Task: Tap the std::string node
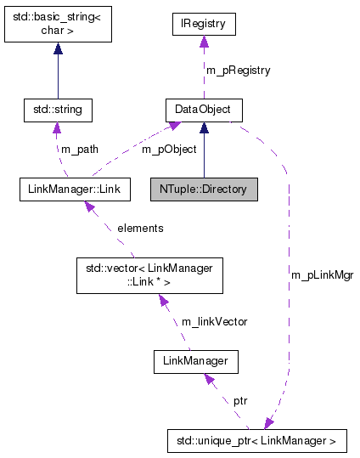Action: coord(57,110)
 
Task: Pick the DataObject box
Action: coord(203,110)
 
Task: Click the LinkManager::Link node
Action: coord(75,188)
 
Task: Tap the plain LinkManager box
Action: coord(195,363)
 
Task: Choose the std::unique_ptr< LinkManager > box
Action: coord(257,440)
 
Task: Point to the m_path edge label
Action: coord(79,149)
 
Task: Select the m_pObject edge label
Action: coord(169,149)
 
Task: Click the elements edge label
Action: coord(140,228)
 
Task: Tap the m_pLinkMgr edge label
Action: coord(322,275)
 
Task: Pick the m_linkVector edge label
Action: coord(214,321)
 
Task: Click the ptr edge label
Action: coord(240,399)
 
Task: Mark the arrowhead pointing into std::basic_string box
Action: coord(57,50)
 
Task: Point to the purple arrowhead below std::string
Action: coord(57,128)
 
